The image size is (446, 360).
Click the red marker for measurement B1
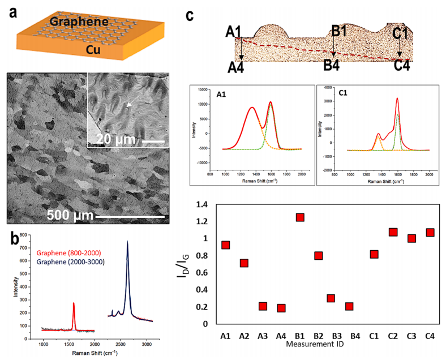[300, 217]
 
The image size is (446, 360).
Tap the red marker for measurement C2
[393, 232]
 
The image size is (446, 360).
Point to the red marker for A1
[225, 245]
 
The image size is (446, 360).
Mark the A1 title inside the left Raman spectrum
[223, 93]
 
